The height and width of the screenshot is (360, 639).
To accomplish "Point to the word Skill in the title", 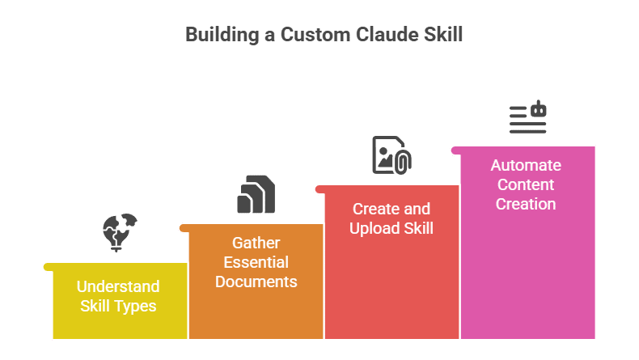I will point(441,35).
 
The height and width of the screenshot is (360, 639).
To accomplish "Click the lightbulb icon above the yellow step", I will point(120,231).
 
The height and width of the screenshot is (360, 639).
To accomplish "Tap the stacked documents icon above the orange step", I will point(256,194).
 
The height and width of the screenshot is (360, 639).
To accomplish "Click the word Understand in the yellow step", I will point(118,286).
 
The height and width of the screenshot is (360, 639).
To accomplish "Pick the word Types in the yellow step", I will point(136,307).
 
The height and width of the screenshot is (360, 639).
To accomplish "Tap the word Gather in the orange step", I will point(256,243).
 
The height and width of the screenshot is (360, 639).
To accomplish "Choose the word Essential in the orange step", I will point(256,262).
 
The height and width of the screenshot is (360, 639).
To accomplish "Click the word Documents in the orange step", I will point(256,282).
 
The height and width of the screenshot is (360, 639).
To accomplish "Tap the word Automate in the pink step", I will point(526,166).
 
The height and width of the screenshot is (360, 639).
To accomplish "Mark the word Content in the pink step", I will point(526,185).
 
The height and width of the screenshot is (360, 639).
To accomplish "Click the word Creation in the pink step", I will point(526,204).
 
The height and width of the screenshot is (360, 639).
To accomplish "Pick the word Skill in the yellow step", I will point(97,307).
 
